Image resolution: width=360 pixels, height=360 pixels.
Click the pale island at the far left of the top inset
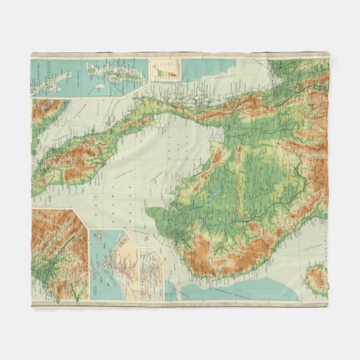coord(42,80)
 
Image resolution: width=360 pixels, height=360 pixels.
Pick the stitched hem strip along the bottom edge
coord(180,304)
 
